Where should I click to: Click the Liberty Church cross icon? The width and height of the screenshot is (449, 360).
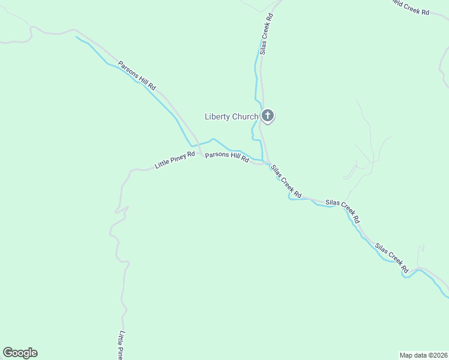[x=267, y=115]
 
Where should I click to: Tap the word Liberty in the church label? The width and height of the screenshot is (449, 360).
[x=217, y=116]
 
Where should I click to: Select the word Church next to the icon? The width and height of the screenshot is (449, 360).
[x=245, y=116]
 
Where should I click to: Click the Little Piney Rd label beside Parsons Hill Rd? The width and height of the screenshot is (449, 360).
[x=175, y=160]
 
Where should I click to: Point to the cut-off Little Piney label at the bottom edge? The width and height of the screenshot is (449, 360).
[x=121, y=345]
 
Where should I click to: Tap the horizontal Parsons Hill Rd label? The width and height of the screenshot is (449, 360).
[x=227, y=157]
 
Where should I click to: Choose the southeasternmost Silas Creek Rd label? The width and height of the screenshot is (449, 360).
[x=392, y=257]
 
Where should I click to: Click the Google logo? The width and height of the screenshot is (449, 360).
[x=20, y=353]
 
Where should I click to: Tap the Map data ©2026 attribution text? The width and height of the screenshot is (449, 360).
[x=424, y=355]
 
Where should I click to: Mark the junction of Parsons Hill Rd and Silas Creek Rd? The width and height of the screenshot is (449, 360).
[x=265, y=163]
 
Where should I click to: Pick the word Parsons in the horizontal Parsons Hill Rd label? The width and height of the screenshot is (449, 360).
[x=216, y=155]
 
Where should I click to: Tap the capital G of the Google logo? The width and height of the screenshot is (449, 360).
[x=7, y=353]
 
